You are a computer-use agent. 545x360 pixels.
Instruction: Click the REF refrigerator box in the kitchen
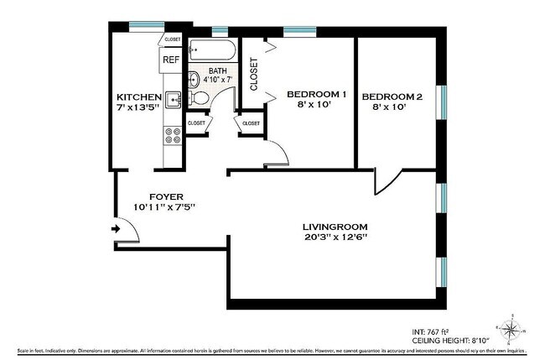pyautogui.click(x=171, y=60)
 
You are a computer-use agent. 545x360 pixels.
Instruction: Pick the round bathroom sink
pyautogui.click(x=194, y=81)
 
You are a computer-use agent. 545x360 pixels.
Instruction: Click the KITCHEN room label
pyautogui.click(x=139, y=97)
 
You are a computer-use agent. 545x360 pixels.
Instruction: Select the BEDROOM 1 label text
pyautogui.click(x=316, y=93)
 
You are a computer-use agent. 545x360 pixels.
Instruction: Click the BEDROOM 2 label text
pyautogui.click(x=392, y=97)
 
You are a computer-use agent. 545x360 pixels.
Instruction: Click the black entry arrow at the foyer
pyautogui.click(x=115, y=227)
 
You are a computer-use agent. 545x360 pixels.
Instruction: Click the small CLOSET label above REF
pyautogui.click(x=173, y=39)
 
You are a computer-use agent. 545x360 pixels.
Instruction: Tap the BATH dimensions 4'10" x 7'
pyautogui.click(x=218, y=80)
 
